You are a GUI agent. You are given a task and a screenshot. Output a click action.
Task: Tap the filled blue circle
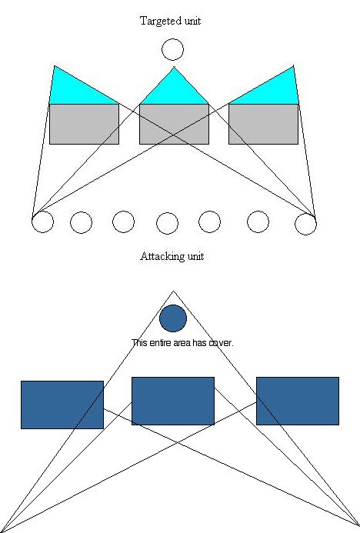click(173, 318)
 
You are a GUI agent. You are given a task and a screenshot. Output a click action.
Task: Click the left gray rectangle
click(85, 124)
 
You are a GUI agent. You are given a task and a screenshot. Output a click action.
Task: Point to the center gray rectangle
click(174, 124)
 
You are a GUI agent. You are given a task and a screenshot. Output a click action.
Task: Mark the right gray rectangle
click(263, 124)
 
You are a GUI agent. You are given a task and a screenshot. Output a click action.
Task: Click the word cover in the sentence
click(221, 343)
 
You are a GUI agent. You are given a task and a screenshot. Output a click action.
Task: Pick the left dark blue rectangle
click(62, 405)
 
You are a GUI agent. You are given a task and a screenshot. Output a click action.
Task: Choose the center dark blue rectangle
click(173, 401)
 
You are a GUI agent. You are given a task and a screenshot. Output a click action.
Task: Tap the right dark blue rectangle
click(298, 401)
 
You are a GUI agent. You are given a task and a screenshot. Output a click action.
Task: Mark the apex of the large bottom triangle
click(173, 291)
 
